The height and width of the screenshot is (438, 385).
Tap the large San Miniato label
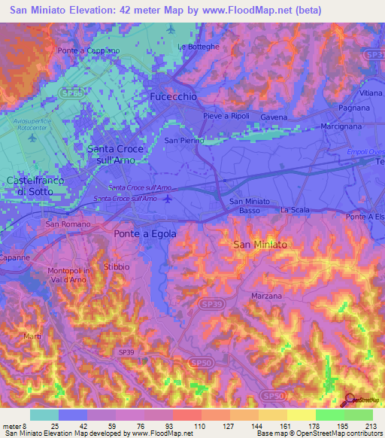pos(260,245)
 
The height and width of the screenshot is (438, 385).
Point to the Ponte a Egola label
pos(145,234)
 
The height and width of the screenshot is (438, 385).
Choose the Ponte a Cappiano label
pos(89,51)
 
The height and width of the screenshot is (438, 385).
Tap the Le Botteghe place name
pos(199,47)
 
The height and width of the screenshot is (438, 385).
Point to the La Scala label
pos(295,210)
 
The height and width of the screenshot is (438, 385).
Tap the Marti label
pos(32,336)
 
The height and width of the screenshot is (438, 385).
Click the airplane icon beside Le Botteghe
pos(171,29)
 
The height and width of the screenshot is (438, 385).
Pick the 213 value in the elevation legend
pos(369,425)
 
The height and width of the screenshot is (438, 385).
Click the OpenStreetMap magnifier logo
pos(350,400)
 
